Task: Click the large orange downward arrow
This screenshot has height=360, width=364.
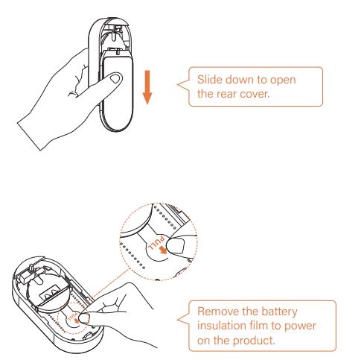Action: pos(147,87)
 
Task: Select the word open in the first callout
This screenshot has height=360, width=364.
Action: pos(283,80)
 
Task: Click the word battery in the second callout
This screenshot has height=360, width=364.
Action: pos(279,312)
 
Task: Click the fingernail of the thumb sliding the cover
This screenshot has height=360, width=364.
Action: pos(115,79)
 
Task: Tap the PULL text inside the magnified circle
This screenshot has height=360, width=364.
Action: pos(156,244)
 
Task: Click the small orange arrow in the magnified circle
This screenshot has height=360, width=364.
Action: pos(163,250)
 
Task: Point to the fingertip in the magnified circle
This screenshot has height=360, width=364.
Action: pos(176,245)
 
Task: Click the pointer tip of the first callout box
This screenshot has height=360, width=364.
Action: pos(177,84)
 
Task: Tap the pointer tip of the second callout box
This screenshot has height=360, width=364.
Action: pos(178,320)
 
